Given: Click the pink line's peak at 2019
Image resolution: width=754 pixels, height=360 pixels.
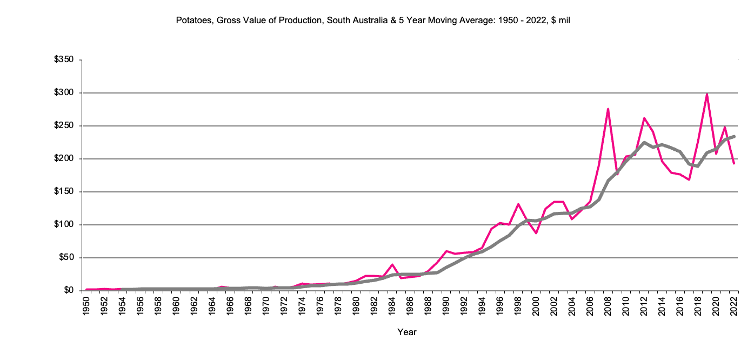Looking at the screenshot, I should (x=707, y=94).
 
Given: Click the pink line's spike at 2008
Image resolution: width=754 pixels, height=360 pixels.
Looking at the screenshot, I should (x=608, y=109).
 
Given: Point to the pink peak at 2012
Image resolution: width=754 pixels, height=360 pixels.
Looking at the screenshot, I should (x=644, y=118).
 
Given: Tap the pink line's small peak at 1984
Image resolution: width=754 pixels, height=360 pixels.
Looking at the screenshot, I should (x=392, y=264).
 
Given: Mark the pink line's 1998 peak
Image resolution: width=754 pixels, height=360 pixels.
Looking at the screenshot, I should (x=518, y=204).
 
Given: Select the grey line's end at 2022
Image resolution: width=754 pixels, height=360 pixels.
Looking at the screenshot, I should (x=734, y=136).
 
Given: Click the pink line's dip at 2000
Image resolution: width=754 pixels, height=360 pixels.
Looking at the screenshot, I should (x=536, y=233).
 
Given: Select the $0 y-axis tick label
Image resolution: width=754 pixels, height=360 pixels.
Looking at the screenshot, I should (x=70, y=290).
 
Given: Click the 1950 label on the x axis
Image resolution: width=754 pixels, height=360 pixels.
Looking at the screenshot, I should (x=86, y=306).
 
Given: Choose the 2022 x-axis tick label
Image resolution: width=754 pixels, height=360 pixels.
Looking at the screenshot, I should (x=734, y=306).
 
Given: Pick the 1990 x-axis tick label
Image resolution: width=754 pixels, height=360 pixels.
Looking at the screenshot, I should (x=446, y=306).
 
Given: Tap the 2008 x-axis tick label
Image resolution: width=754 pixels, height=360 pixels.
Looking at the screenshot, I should (x=608, y=306).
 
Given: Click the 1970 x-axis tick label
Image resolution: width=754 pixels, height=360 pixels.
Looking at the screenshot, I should (x=266, y=306).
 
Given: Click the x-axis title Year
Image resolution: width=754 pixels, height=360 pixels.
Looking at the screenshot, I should (x=407, y=332).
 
